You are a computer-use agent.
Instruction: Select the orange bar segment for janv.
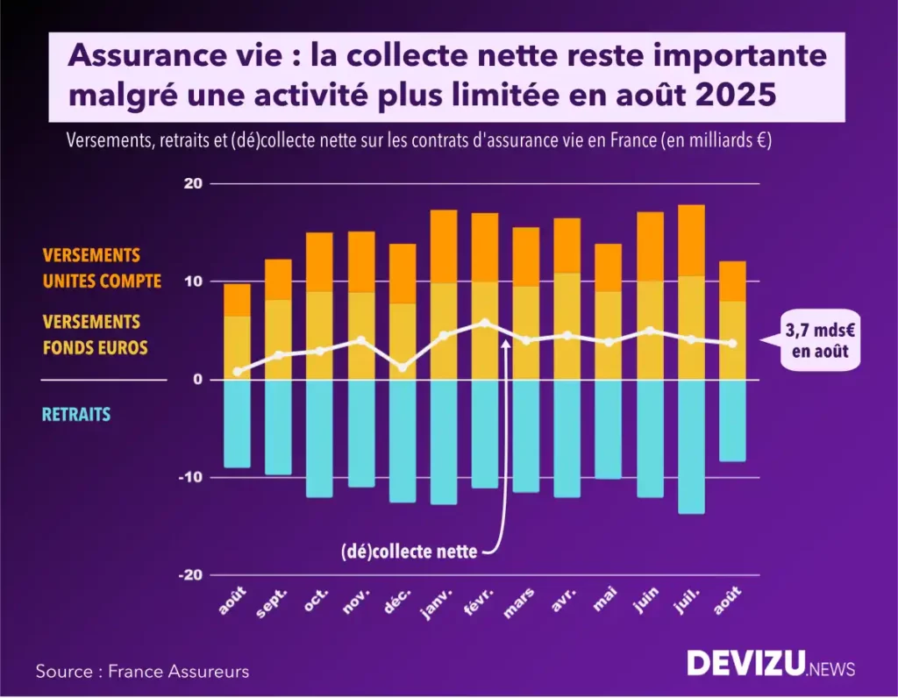click(x=444, y=246)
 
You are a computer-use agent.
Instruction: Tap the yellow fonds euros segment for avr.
click(x=567, y=326)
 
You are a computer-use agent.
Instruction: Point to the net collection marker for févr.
click(x=485, y=323)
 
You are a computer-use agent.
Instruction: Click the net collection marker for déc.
click(x=403, y=367)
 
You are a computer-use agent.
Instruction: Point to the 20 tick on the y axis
click(x=193, y=183)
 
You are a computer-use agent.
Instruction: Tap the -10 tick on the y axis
click(x=189, y=477)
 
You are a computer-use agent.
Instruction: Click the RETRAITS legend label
click(x=77, y=414)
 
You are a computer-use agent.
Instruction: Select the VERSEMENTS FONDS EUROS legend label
click(x=95, y=335)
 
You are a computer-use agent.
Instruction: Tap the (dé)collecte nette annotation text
click(x=409, y=552)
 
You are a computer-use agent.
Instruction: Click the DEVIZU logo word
click(x=745, y=664)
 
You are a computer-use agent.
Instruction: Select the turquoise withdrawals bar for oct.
click(x=320, y=438)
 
